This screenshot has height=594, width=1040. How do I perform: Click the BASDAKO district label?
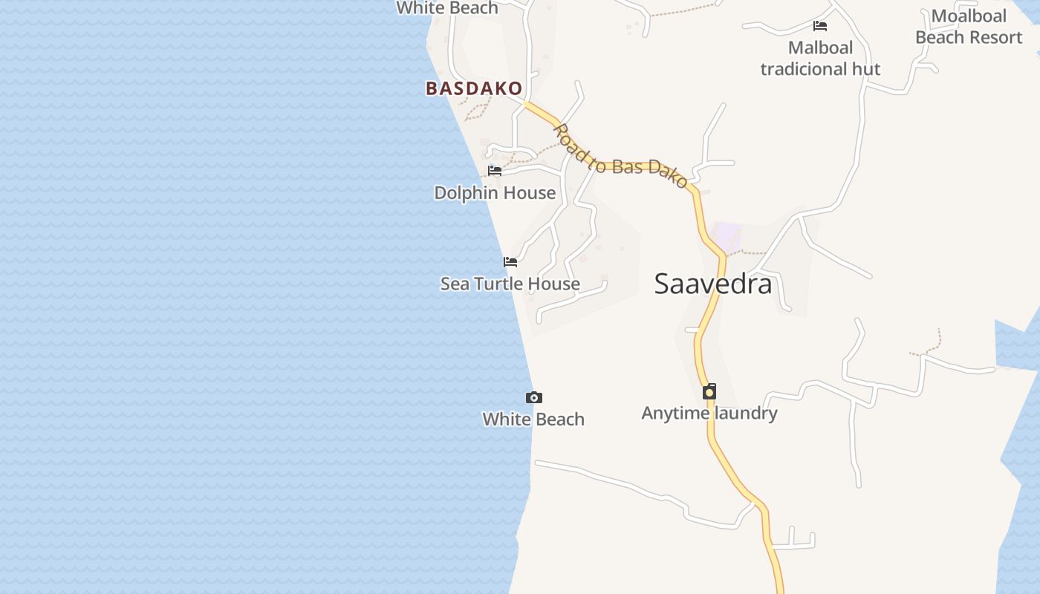[x=474, y=88]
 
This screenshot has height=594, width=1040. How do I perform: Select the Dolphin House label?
[x=495, y=193]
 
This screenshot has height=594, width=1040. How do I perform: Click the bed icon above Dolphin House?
[x=495, y=171]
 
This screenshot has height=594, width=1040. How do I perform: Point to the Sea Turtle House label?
[x=510, y=284]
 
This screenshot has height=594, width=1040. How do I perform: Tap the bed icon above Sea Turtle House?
[x=510, y=261]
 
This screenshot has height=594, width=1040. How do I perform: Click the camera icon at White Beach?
[x=533, y=398]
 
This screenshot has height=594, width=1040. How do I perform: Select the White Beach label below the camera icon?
[x=533, y=420]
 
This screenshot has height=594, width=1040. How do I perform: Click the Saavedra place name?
[x=713, y=284]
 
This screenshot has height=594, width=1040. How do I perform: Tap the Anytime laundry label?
[x=709, y=414]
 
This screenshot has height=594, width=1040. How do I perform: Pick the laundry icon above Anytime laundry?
[x=709, y=391]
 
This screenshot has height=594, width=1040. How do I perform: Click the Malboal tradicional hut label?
[x=820, y=59]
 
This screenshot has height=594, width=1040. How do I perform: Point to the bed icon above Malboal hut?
[x=820, y=26]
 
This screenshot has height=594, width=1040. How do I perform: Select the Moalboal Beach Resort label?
[x=969, y=27]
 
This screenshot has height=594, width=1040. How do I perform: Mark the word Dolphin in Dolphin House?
[x=464, y=193]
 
